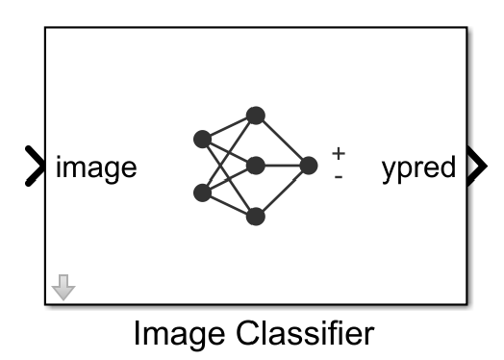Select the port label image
click(96, 167)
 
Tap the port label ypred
click(417, 167)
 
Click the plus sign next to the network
click(338, 153)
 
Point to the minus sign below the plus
click(338, 176)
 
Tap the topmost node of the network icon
click(255, 116)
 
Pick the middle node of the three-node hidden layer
click(255, 166)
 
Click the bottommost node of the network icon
click(255, 217)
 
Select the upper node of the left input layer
click(202, 140)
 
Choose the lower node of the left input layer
click(202, 193)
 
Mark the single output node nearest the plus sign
click(308, 166)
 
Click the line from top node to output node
click(282, 141)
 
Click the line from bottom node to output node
click(282, 191)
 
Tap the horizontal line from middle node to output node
click(282, 166)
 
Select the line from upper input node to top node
click(229, 127)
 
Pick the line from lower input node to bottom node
click(229, 205)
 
